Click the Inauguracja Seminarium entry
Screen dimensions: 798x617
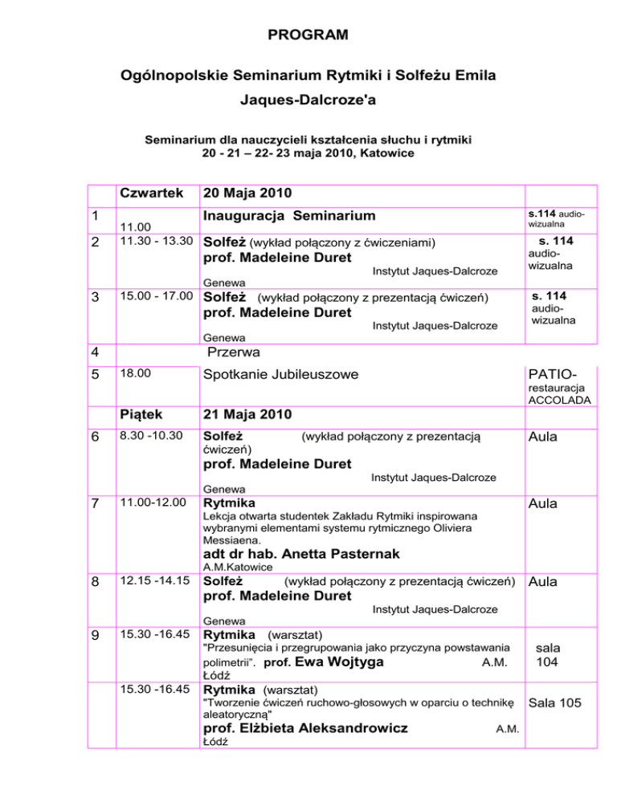click(289, 216)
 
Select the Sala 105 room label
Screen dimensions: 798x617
click(559, 703)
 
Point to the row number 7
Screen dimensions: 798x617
click(95, 504)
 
